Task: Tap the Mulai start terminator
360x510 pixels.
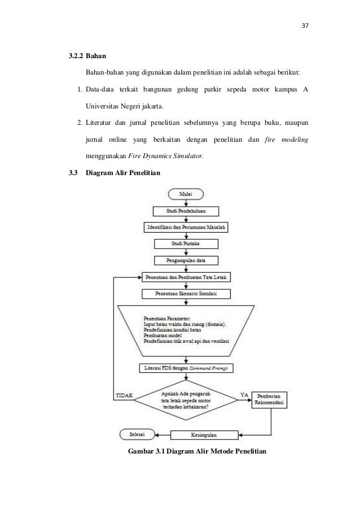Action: coord(186,194)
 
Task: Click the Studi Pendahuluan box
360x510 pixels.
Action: coord(186,211)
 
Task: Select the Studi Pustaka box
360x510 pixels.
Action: coord(186,243)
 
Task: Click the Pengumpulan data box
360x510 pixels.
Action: coord(186,260)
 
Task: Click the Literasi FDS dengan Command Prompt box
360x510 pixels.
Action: coord(186,368)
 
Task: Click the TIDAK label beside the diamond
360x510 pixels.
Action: coord(125,395)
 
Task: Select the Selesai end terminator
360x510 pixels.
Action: coord(135,434)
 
